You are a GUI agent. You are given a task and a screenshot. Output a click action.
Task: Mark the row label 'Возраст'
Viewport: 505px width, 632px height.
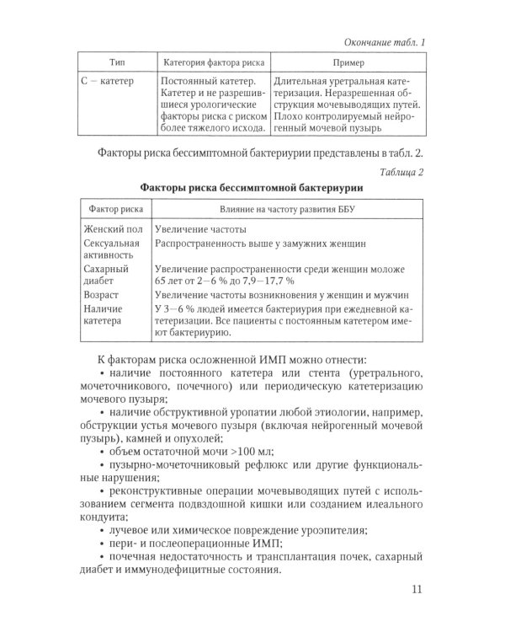[x=100, y=295]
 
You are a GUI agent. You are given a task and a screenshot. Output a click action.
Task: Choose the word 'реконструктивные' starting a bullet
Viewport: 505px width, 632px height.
[x=157, y=497]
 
